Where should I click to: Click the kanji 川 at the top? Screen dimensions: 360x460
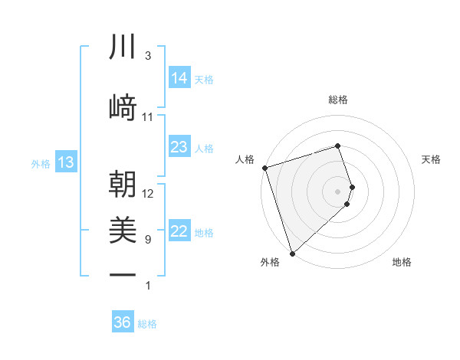123,47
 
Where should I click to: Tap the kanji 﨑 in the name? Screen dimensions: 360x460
123,106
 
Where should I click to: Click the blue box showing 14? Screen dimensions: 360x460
179,78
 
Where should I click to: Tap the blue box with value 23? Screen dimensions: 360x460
179,147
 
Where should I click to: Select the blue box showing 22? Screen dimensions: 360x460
179,231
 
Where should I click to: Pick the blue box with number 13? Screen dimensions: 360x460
66,162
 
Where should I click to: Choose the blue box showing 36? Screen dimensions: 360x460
123,322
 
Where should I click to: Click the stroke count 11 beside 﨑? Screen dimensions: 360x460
148,116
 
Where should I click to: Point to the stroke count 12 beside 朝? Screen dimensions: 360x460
148,194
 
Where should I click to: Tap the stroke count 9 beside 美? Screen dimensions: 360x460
148,240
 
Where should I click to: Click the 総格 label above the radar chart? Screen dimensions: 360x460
338,100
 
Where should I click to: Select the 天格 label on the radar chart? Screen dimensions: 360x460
431,159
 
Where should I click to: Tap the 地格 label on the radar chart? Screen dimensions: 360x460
402,263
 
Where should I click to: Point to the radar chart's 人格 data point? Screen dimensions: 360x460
264,168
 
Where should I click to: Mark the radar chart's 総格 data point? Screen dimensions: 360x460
338,146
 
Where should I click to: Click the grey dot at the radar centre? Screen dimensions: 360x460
338,191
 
